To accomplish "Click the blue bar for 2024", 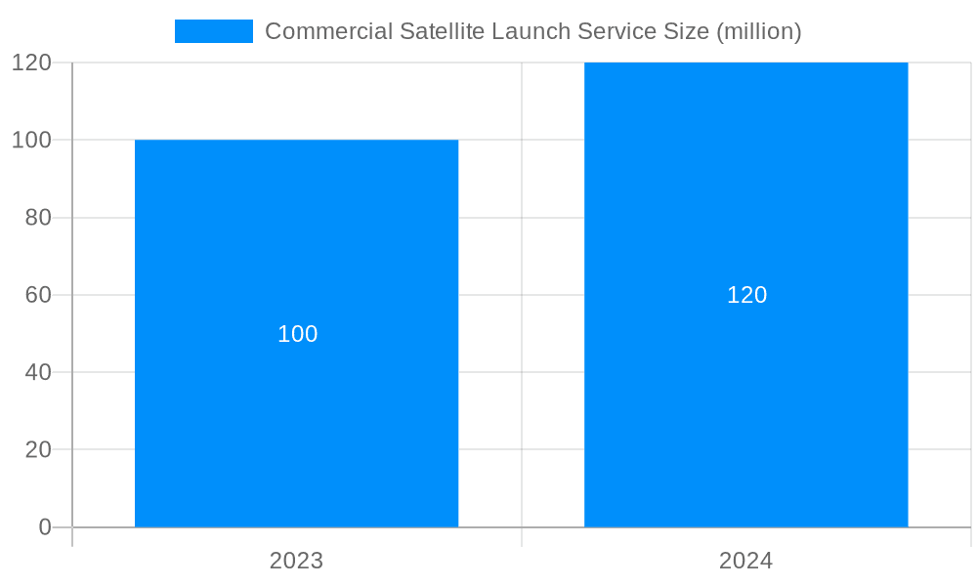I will (x=745, y=410).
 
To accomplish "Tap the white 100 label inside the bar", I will (x=298, y=334).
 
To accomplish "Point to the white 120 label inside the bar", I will (x=746, y=295).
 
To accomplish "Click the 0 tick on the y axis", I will (x=45, y=527).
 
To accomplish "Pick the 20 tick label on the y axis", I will (x=38, y=450).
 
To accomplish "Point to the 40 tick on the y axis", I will (x=38, y=372).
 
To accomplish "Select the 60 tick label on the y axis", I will (x=38, y=295).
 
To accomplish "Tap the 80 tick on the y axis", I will (x=38, y=218).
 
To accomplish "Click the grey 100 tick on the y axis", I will (x=31, y=140).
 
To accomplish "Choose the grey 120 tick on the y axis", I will (x=31, y=63).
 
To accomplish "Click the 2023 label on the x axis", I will (x=296, y=561).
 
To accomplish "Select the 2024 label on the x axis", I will (x=745, y=561).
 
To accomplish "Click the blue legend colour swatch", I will (x=213, y=31).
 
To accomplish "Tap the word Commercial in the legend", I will (x=328, y=31).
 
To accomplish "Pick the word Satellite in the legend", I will (x=442, y=31).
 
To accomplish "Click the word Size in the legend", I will (x=687, y=31).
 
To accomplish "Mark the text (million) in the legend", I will (x=759, y=31).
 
